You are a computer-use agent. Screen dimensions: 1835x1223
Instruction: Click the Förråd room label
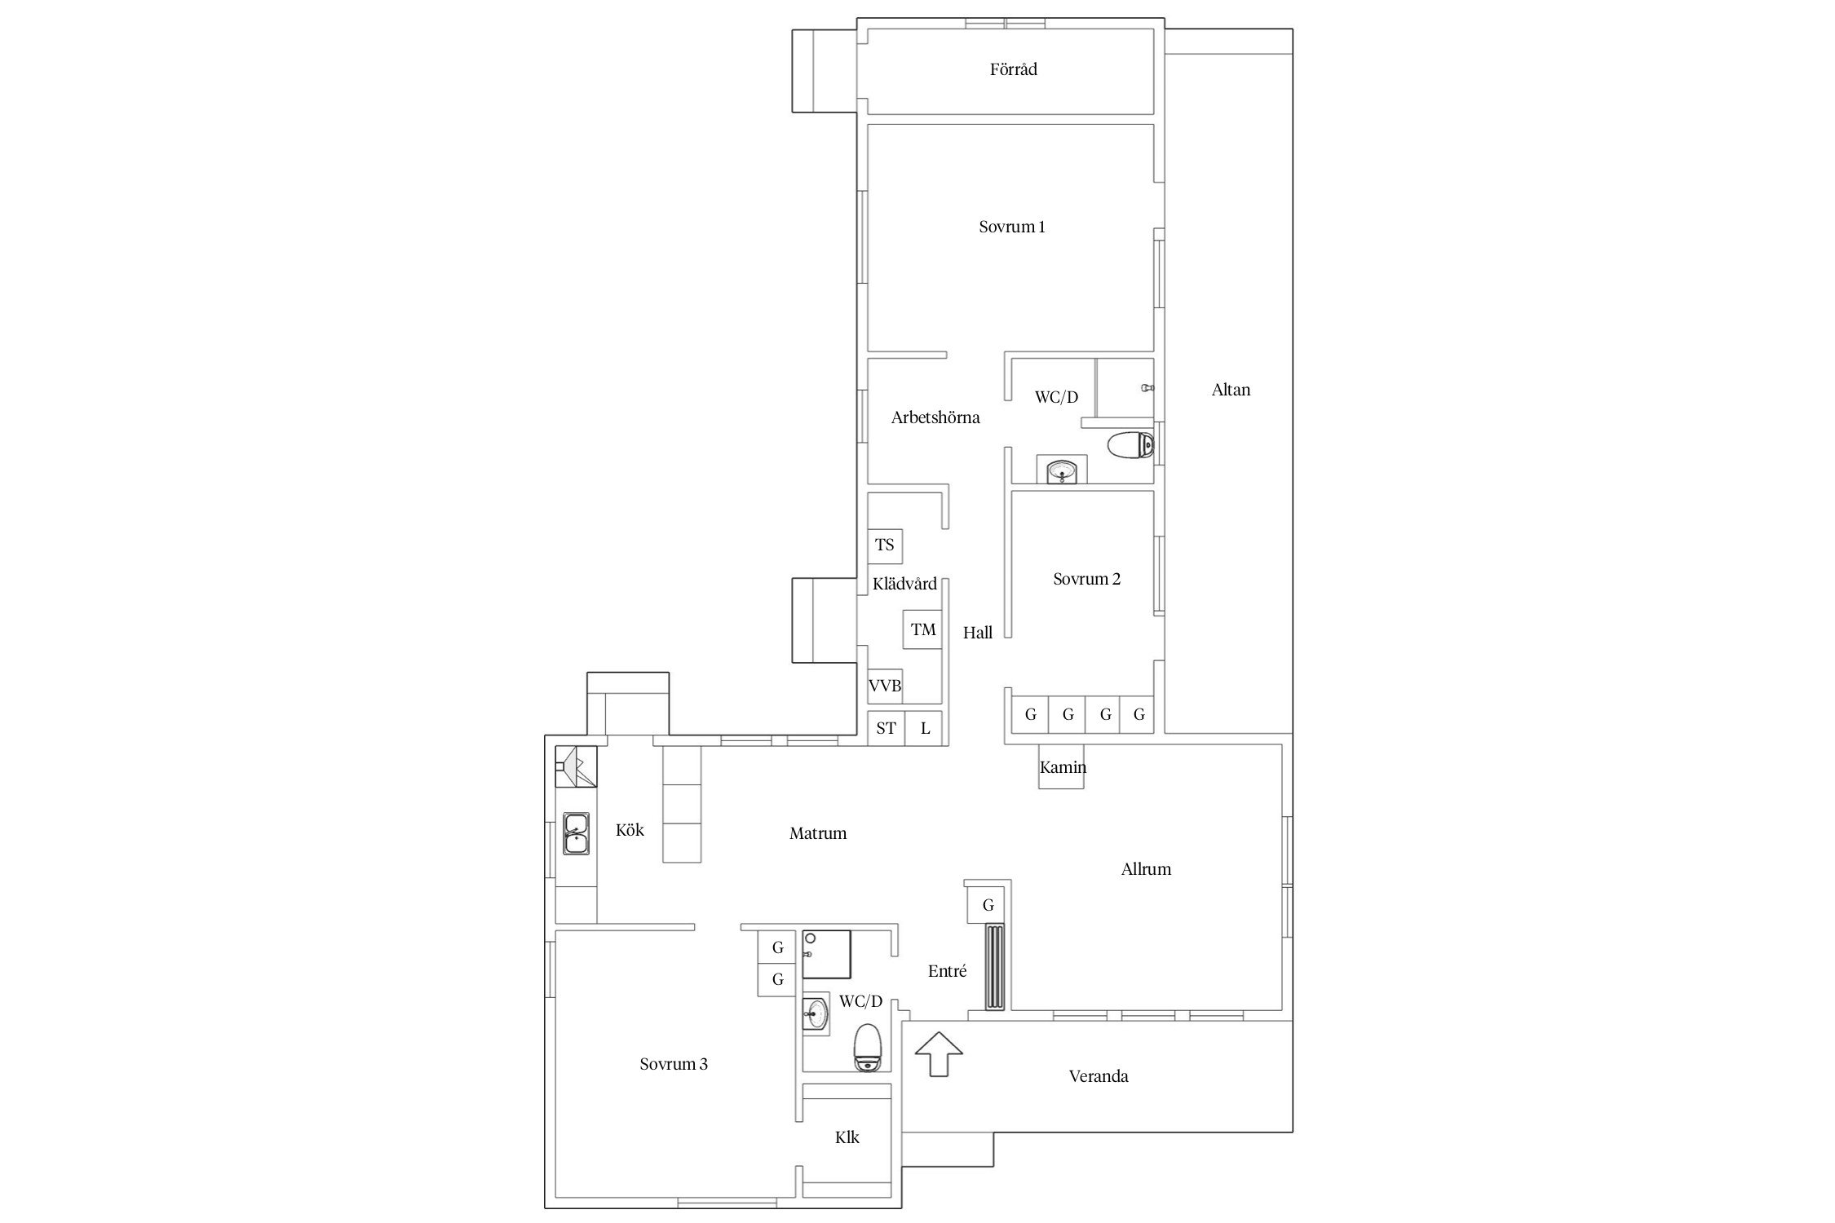tap(1013, 69)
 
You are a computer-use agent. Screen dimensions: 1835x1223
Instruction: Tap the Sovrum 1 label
tap(1012, 227)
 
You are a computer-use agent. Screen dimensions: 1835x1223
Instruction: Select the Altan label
tap(1231, 390)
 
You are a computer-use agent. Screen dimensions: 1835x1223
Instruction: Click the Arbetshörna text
tap(935, 417)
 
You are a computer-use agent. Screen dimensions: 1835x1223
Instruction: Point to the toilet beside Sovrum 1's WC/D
tap(1131, 446)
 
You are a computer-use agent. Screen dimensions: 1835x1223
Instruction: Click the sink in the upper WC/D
tap(1062, 470)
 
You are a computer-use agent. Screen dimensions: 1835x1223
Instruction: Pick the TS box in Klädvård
tap(885, 545)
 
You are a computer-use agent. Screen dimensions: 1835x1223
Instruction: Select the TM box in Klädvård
tap(923, 629)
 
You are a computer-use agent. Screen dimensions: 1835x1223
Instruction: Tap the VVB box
tap(885, 686)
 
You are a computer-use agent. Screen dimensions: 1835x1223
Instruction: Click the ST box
tap(887, 728)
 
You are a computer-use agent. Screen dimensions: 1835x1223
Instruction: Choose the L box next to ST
tap(925, 728)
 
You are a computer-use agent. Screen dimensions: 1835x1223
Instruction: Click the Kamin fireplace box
tap(1062, 767)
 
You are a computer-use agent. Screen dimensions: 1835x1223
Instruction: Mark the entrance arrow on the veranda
tap(939, 1054)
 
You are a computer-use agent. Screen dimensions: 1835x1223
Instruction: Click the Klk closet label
tap(847, 1137)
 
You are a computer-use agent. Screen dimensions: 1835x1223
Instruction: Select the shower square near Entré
tap(827, 954)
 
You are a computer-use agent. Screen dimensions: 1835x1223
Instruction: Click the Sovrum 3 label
tap(674, 1064)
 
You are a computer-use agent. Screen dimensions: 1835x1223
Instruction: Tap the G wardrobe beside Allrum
tap(988, 905)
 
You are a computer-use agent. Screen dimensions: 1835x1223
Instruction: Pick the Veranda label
tap(1099, 1076)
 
